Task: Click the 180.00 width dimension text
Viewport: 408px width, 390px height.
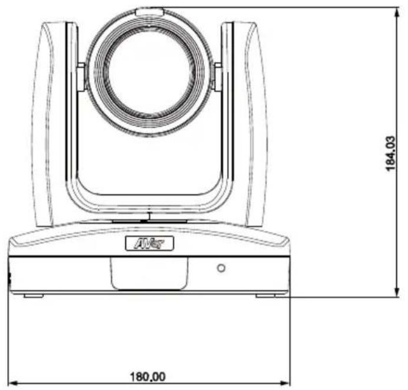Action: pyautogui.click(x=148, y=376)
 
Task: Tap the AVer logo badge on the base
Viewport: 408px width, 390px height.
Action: pyautogui.click(x=150, y=243)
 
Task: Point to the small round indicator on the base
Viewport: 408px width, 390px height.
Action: pyautogui.click(x=221, y=268)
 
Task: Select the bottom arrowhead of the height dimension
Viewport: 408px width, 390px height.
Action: pyautogui.click(x=397, y=292)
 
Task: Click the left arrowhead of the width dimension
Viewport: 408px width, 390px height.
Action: pyautogui.click(x=13, y=383)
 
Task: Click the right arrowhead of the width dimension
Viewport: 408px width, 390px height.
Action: pyautogui.click(x=285, y=383)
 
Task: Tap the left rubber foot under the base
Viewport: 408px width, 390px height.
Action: pyautogui.click(x=34, y=296)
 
